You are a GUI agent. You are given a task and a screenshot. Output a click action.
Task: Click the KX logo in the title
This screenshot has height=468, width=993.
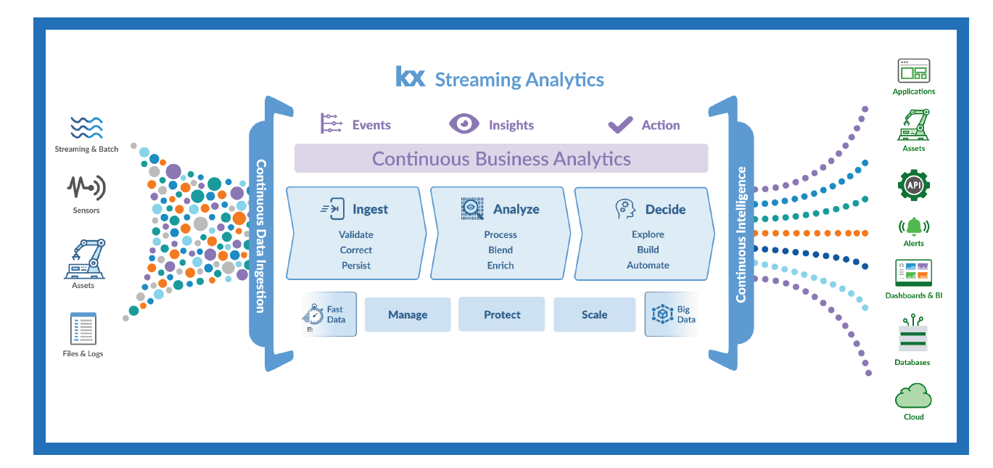410,76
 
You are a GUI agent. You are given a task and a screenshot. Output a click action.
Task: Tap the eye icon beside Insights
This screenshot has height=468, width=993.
463,124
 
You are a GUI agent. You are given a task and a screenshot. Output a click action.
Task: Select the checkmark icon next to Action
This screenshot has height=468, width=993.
620,125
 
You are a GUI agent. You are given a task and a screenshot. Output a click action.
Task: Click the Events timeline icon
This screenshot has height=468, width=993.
331,123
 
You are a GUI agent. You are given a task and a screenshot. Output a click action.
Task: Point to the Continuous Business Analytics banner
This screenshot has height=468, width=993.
501,158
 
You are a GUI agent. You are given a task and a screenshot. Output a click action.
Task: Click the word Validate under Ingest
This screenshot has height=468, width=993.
356,234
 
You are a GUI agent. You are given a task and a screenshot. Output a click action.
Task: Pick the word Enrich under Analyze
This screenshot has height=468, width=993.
500,266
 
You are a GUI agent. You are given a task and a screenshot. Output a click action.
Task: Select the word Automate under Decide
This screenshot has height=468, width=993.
648,265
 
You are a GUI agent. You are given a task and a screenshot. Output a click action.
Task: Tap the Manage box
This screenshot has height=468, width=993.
408,314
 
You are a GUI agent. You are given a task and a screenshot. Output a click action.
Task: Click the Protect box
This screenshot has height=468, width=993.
501,314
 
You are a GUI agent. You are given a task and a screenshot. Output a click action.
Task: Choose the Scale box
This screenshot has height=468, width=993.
594,314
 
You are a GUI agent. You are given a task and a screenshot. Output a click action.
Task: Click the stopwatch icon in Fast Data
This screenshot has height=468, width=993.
313,315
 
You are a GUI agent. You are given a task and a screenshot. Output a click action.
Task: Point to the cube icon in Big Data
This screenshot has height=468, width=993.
662,314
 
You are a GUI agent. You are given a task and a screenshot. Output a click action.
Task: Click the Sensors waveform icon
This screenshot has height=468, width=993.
86,188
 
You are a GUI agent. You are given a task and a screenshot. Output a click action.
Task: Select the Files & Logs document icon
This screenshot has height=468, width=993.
83,329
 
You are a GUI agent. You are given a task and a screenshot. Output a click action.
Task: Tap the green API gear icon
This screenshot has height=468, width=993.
914,185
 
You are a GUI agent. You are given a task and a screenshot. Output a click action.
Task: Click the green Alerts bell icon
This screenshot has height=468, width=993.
914,226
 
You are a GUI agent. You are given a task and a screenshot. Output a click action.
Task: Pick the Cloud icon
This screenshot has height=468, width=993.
913,395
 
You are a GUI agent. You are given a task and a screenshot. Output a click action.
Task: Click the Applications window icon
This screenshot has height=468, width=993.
914,70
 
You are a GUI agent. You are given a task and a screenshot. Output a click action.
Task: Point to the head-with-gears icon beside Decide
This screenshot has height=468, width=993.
625,208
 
